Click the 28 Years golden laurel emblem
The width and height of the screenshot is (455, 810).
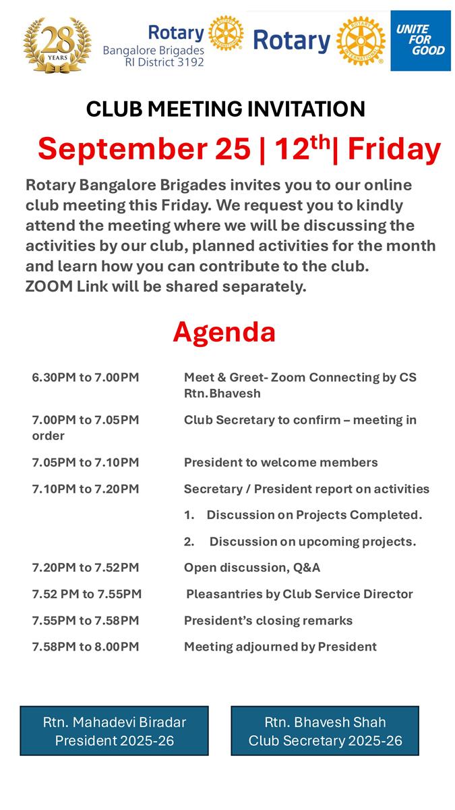(x=57, y=45)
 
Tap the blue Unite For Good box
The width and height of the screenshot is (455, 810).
(x=421, y=40)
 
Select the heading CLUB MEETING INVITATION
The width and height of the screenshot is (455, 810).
(x=226, y=109)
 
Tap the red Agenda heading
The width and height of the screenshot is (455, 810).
(x=224, y=331)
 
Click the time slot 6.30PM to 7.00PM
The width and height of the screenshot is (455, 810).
(x=86, y=377)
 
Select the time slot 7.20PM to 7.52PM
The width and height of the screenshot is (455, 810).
(x=86, y=568)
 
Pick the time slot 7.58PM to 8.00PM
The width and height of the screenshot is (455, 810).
(x=86, y=647)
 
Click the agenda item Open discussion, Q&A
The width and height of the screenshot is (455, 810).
(x=252, y=568)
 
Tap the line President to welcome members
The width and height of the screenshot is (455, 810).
(x=280, y=462)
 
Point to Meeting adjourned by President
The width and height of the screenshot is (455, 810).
(x=280, y=647)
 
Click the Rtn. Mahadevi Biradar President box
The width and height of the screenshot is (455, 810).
(x=115, y=730)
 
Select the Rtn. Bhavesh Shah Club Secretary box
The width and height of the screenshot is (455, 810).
(x=325, y=730)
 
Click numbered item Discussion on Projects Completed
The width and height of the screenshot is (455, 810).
(x=313, y=515)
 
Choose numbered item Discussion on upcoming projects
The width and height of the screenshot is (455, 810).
(x=312, y=541)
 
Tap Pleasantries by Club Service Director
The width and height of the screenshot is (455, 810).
(x=299, y=594)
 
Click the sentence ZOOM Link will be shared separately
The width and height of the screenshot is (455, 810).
(x=166, y=286)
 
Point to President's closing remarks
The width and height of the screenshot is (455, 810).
(x=268, y=620)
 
